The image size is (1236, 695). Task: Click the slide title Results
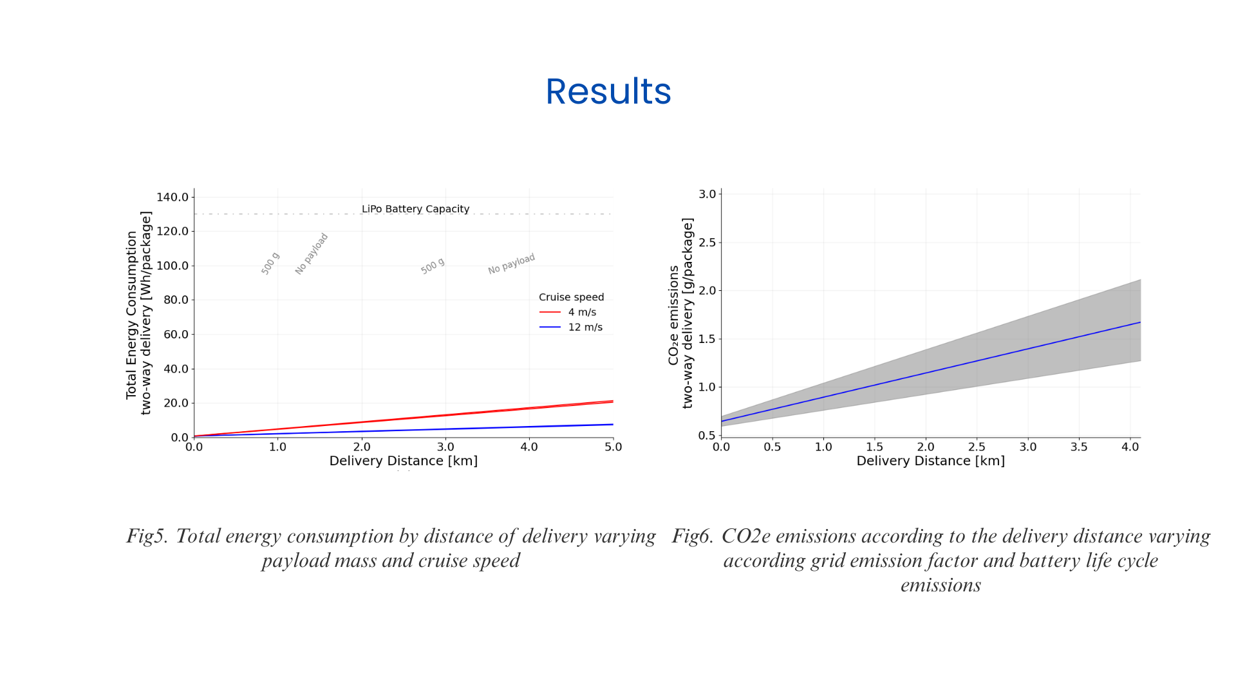[x=608, y=91]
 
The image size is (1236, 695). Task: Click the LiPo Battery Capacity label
[x=415, y=209]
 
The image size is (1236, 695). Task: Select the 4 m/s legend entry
[x=581, y=312]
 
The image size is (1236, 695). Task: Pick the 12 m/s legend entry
[x=585, y=328]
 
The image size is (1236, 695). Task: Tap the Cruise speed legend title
[x=571, y=297]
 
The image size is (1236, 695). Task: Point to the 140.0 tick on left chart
[x=173, y=197]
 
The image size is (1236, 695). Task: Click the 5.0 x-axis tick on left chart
[x=613, y=447]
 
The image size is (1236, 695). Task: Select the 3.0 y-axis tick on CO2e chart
[x=707, y=194]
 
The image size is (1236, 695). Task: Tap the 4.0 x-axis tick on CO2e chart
[x=1130, y=447]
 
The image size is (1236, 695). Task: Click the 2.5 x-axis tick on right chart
[x=977, y=447]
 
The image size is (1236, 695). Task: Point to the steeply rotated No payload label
[x=312, y=254]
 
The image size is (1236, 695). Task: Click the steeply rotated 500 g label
[x=270, y=264]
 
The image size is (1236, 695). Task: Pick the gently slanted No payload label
[x=511, y=264]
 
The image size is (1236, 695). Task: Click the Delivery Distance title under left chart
[x=403, y=461]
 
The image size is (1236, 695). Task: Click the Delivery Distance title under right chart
[x=930, y=461]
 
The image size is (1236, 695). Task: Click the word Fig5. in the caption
[x=147, y=536]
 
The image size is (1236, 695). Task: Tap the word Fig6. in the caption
[x=693, y=536]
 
